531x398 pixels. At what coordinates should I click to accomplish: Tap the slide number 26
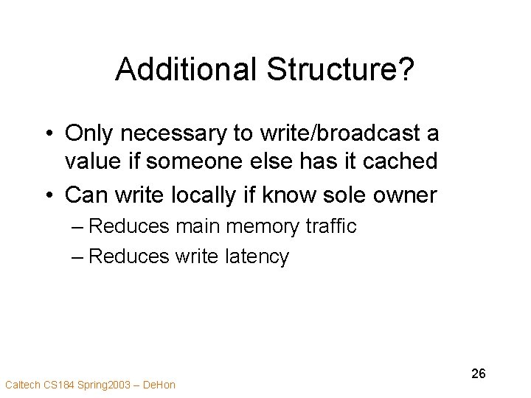[x=479, y=374]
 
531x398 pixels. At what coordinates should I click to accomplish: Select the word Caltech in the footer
[x=21, y=384]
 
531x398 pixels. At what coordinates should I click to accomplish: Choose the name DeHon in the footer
[x=159, y=384]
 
